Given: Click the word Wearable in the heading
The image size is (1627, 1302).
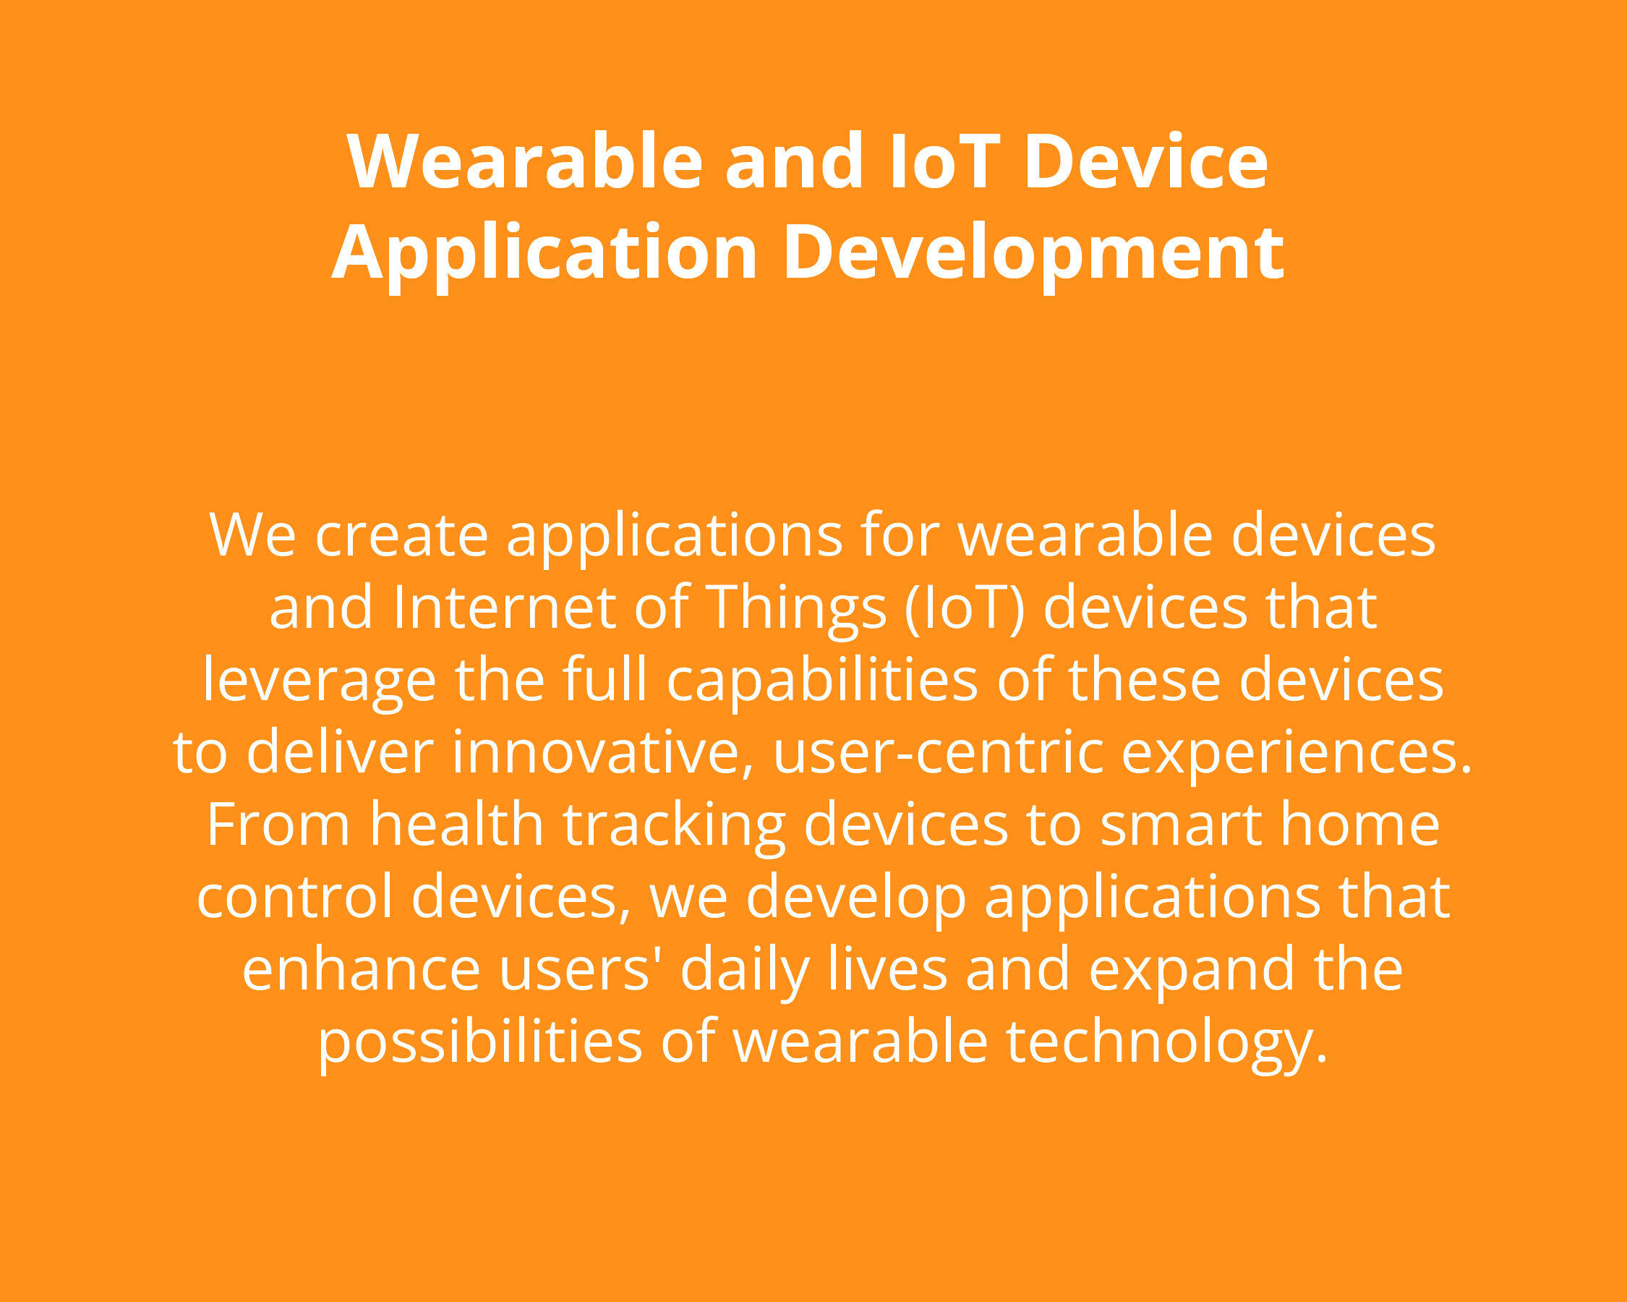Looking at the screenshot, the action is pos(525,161).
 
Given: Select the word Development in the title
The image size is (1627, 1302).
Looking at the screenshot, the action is pos(1033,253).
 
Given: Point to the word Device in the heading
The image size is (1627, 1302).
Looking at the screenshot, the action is pos(1145,161).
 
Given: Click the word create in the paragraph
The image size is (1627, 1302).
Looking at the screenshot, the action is pos(401,535).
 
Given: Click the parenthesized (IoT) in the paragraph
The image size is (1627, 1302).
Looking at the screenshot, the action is pos(965,608).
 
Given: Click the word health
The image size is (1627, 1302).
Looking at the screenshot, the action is pos(456,824).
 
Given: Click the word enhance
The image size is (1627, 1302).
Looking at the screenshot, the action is pos(361,969).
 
